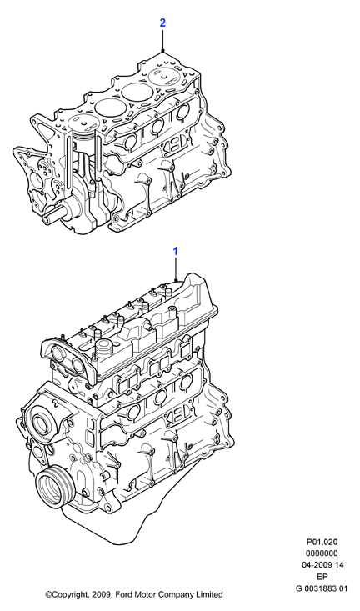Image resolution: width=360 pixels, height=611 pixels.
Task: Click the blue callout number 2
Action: click(x=162, y=23)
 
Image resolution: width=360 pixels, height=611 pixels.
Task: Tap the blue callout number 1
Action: click(x=176, y=252)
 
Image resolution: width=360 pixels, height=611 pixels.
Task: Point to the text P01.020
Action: click(x=322, y=542)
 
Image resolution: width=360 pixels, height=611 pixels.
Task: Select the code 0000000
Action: click(x=322, y=553)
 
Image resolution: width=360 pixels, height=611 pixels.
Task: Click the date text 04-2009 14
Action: click(x=323, y=565)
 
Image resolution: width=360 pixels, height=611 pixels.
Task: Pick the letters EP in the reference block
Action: click(x=322, y=577)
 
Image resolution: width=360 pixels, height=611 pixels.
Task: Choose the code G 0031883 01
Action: click(x=322, y=588)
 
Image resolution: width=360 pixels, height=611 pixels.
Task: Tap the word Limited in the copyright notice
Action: click(x=209, y=594)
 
